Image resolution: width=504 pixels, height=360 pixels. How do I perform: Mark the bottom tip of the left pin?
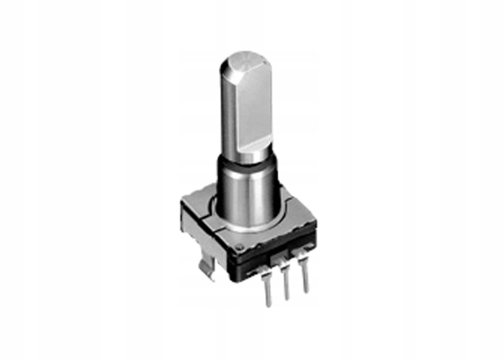[269, 305]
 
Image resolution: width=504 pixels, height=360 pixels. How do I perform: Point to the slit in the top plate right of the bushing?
[287, 193]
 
